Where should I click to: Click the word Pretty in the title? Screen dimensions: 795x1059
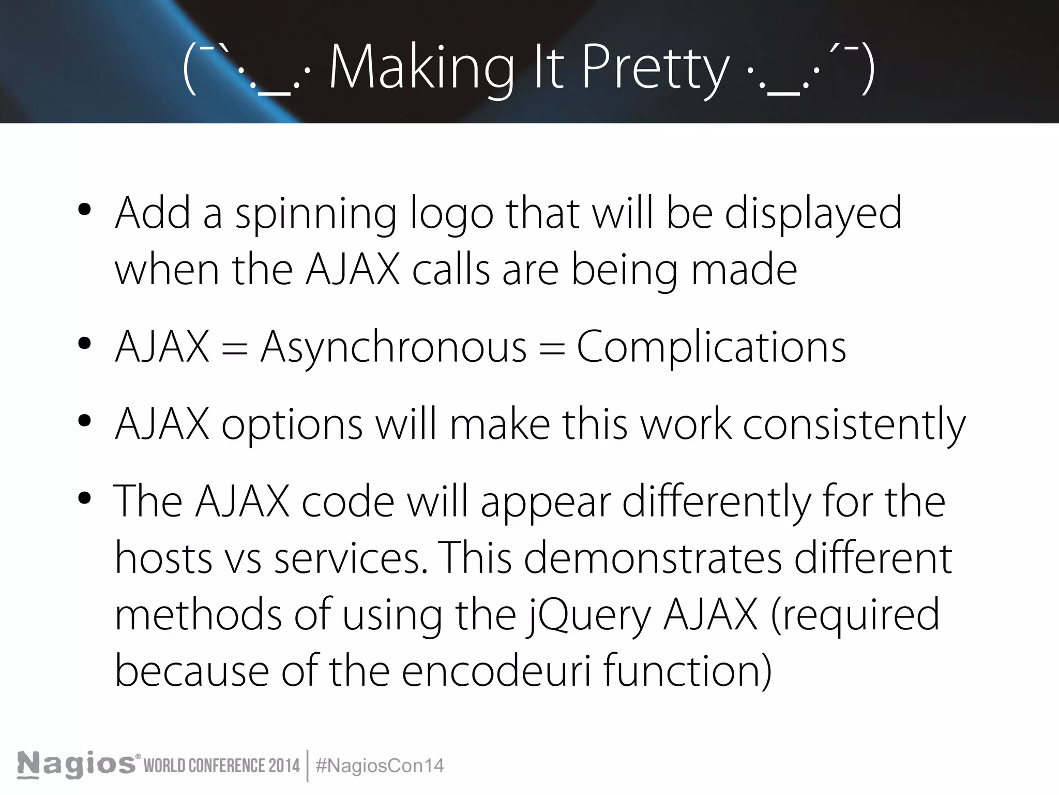click(x=655, y=68)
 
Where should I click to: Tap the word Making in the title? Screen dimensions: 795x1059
click(x=421, y=68)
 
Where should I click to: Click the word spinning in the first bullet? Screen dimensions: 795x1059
click(x=316, y=213)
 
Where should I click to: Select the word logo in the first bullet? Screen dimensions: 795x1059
click(x=452, y=213)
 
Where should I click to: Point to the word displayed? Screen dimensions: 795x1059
click(x=813, y=213)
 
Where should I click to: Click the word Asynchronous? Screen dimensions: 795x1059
click(x=394, y=347)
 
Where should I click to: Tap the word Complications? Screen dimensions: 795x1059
click(x=711, y=347)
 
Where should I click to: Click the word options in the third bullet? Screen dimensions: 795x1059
click(x=292, y=424)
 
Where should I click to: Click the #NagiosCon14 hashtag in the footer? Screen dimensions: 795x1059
click(x=380, y=765)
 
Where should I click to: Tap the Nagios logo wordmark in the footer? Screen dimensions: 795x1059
click(x=77, y=764)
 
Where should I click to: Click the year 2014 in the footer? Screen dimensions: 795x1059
click(x=284, y=765)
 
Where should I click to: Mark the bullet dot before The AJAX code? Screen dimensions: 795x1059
click(x=84, y=498)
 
